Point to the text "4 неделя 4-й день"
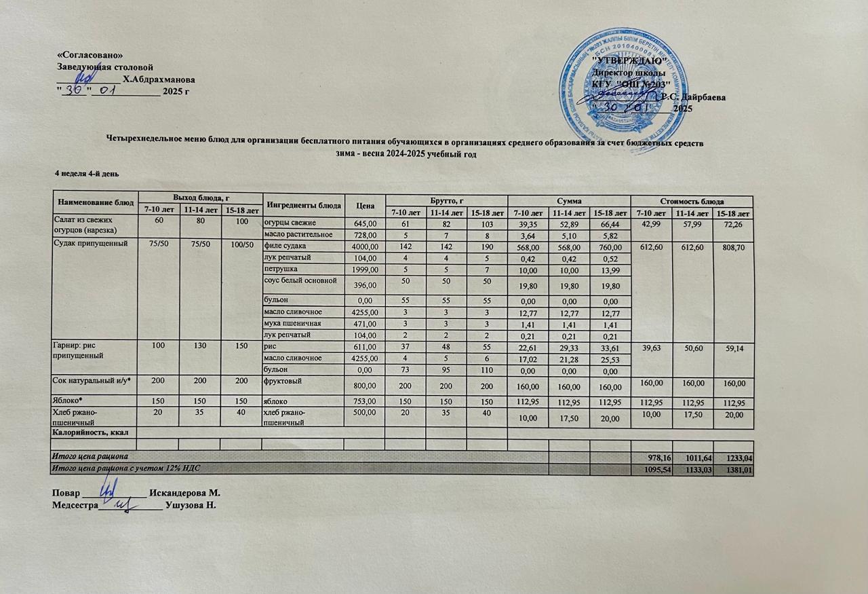pos(87,174)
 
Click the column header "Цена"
pos(365,202)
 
